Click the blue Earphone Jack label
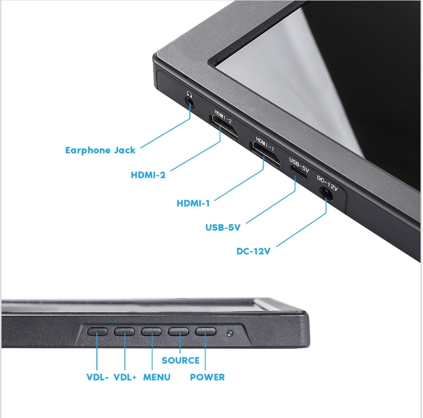(x=100, y=150)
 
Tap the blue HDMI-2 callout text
(x=148, y=175)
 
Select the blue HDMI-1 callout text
(x=193, y=203)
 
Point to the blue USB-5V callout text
(x=223, y=227)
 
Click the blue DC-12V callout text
(x=253, y=251)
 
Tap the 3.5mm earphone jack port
(x=190, y=102)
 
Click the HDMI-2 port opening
(x=223, y=127)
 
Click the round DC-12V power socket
(x=326, y=194)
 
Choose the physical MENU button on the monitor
(x=151, y=331)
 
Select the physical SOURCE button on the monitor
(x=178, y=331)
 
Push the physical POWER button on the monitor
(x=206, y=331)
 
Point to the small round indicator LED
(x=230, y=333)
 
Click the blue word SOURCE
(x=181, y=360)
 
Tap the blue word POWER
(x=207, y=377)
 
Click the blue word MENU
(x=157, y=377)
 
